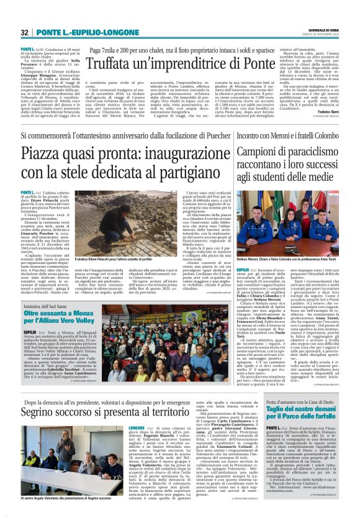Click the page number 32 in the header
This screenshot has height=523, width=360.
click(x=25, y=32)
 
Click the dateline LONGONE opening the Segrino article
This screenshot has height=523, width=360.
click(x=138, y=427)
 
